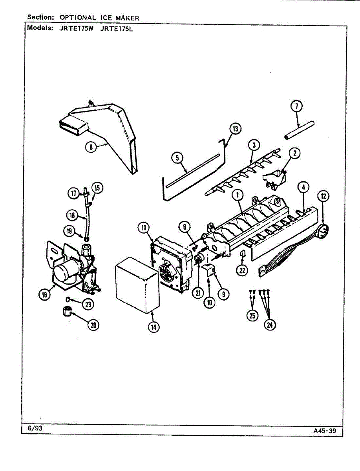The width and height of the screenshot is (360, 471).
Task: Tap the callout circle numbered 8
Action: [91, 147]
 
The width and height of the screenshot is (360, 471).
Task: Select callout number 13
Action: [235, 128]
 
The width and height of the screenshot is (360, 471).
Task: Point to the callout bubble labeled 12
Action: [323, 196]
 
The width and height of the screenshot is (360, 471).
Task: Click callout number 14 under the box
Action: [154, 327]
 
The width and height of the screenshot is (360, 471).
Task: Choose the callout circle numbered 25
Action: [253, 315]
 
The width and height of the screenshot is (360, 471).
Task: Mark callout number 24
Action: [270, 324]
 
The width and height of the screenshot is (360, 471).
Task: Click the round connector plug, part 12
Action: [323, 231]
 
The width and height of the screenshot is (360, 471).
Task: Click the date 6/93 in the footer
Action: [35, 428]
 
